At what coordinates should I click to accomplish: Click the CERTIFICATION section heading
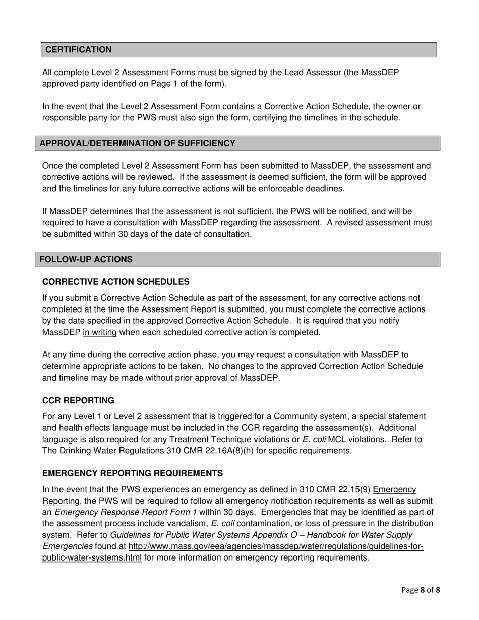coord(79,50)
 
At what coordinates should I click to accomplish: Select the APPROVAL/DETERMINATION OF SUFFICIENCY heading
coord(137,143)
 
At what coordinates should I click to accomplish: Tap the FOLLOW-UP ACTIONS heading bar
coord(86,259)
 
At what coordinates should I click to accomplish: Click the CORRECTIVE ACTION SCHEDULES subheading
coord(116,282)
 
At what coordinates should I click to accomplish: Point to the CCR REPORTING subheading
coord(78,400)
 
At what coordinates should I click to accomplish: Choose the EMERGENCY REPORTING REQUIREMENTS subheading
coord(133,473)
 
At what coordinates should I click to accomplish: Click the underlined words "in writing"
coord(100,332)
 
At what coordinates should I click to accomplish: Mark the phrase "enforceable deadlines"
coord(306,189)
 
